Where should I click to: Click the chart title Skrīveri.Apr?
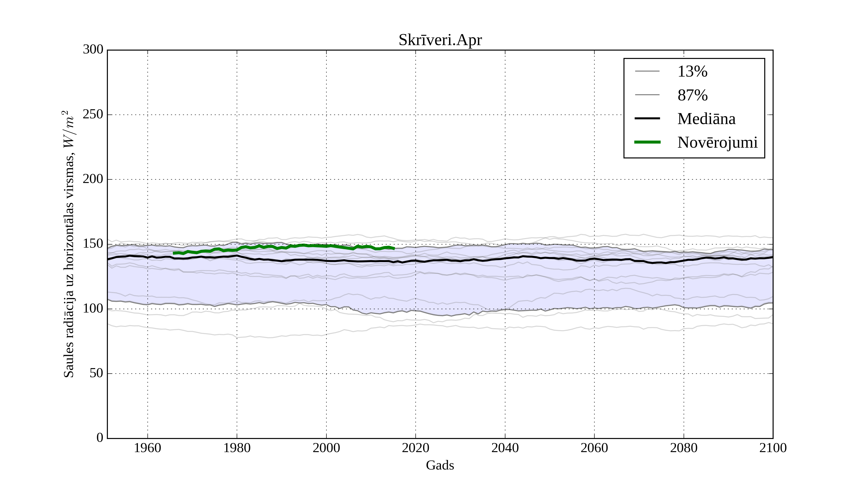(440, 40)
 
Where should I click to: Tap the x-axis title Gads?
(440, 465)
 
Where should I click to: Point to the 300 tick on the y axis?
(93, 50)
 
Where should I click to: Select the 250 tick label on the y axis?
(93, 115)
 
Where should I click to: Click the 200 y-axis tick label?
(93, 179)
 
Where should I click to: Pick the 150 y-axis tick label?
(93, 244)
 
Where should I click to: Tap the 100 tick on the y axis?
(93, 309)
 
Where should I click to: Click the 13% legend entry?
(692, 72)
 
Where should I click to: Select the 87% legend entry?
(692, 95)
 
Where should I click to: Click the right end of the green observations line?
(394, 248)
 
